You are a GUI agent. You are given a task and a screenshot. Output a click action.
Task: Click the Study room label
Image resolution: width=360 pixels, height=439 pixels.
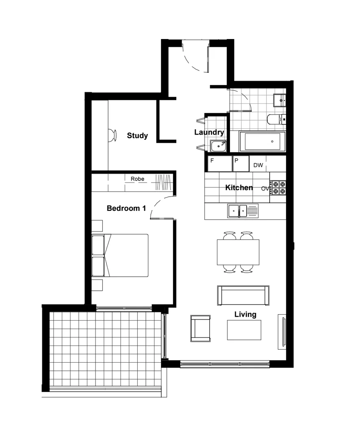tap(137, 136)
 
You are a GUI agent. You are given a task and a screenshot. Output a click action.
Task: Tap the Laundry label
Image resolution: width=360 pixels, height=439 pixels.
tap(209, 133)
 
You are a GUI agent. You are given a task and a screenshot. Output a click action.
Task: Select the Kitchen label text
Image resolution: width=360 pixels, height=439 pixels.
tap(239, 188)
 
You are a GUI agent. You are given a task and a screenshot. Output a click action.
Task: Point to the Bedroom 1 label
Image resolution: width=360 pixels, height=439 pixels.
tap(126, 209)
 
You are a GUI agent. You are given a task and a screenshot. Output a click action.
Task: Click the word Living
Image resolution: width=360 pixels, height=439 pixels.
tap(245, 314)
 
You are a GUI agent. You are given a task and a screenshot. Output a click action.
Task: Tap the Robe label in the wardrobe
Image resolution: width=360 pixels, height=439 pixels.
tap(137, 179)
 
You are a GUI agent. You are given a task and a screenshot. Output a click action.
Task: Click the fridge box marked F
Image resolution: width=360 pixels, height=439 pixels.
tap(219, 163)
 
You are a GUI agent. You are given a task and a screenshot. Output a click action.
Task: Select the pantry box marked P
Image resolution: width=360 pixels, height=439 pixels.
tap(241, 163)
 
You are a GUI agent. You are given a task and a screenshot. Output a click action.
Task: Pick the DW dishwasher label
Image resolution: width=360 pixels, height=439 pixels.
tap(258, 165)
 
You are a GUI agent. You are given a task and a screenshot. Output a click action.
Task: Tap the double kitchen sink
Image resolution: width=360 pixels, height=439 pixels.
tap(238, 211)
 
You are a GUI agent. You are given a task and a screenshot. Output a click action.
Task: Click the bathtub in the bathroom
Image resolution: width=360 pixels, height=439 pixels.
tap(262, 141)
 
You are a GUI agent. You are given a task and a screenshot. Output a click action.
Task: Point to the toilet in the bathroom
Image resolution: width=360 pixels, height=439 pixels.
tap(275, 119)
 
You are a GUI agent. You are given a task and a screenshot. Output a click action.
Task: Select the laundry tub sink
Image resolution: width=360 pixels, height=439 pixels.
tap(218, 145)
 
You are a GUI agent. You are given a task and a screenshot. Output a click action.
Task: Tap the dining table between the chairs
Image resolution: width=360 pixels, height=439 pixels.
tap(238, 252)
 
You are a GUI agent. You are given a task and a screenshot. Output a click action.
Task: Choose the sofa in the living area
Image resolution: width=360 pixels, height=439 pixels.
tap(243, 295)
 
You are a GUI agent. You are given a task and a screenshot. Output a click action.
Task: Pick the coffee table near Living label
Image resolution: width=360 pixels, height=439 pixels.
tap(244, 330)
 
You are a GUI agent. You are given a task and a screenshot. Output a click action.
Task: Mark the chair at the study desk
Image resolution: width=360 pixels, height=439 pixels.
tap(112, 135)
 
